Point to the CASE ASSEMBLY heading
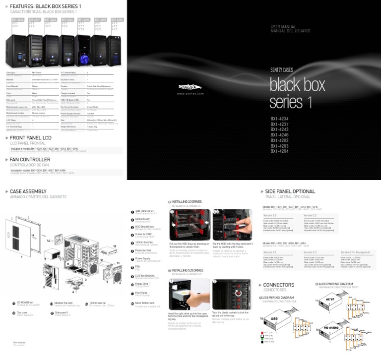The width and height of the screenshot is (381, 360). coord(28,191)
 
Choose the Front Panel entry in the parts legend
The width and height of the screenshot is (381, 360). coord(142,293)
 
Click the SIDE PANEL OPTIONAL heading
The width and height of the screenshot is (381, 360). coord(290,191)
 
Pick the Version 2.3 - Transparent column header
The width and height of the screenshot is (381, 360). coord(358,252)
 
